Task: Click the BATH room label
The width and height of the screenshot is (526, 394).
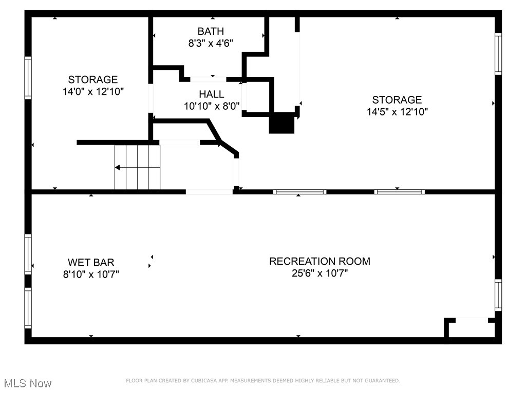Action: click(x=211, y=32)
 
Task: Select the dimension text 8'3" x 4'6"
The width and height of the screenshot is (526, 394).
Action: click(x=211, y=44)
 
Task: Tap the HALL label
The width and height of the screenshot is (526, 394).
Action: click(x=212, y=94)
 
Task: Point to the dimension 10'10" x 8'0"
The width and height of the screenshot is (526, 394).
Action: click(x=212, y=106)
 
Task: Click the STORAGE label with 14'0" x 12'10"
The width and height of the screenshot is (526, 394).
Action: click(x=93, y=80)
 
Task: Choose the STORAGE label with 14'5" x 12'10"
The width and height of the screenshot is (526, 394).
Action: click(x=397, y=100)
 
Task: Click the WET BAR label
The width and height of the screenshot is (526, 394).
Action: click(x=91, y=263)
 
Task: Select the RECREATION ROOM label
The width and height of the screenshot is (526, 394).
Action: click(x=320, y=261)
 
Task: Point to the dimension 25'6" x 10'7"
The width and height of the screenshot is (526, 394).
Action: click(x=320, y=273)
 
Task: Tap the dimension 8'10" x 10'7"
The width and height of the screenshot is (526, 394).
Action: click(x=91, y=274)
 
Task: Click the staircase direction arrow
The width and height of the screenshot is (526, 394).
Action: click(x=118, y=167)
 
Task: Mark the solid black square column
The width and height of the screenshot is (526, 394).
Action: click(x=282, y=124)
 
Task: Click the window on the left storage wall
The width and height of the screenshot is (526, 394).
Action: click(x=28, y=78)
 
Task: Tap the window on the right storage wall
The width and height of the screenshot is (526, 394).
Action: click(x=498, y=54)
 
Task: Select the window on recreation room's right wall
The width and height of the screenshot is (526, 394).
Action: click(x=498, y=295)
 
